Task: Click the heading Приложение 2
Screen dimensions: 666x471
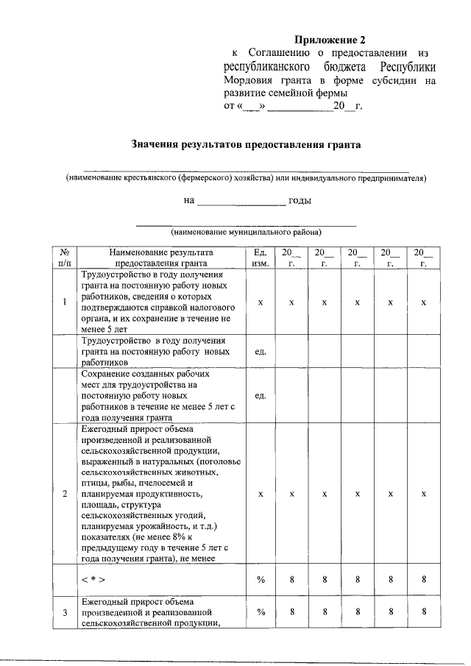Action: (329, 39)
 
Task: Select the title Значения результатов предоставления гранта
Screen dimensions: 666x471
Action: (246, 145)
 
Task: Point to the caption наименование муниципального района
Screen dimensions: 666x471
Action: (247, 232)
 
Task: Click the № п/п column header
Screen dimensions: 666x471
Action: (65, 256)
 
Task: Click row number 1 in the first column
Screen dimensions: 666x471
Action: (65, 302)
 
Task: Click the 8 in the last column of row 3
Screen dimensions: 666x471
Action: (423, 612)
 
